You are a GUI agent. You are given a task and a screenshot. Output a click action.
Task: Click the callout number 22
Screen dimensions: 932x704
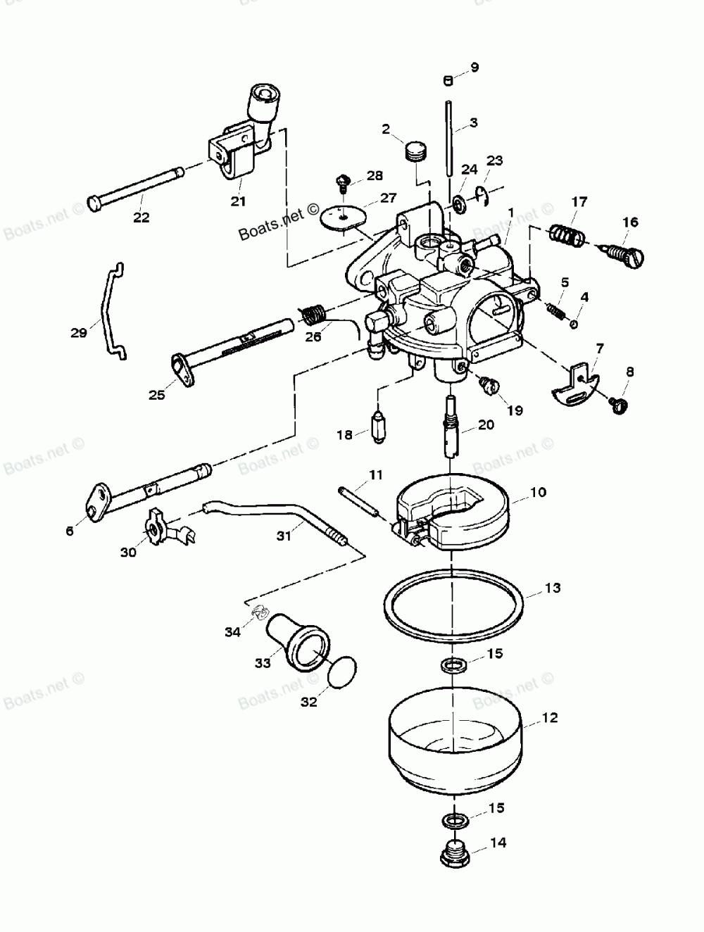point(142,218)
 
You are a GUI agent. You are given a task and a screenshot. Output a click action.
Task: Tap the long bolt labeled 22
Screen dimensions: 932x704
point(134,188)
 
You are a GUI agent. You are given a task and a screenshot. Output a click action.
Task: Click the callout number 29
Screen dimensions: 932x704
point(78,332)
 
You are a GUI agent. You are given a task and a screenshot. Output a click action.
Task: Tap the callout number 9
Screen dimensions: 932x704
point(474,68)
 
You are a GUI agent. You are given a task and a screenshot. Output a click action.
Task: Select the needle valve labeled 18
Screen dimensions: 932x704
point(379,424)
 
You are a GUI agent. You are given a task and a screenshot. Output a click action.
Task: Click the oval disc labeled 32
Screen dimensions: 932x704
point(342,669)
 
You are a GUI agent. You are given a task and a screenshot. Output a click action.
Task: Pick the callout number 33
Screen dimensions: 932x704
point(262,664)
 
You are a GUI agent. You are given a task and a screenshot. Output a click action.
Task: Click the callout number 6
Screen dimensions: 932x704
point(69,531)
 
